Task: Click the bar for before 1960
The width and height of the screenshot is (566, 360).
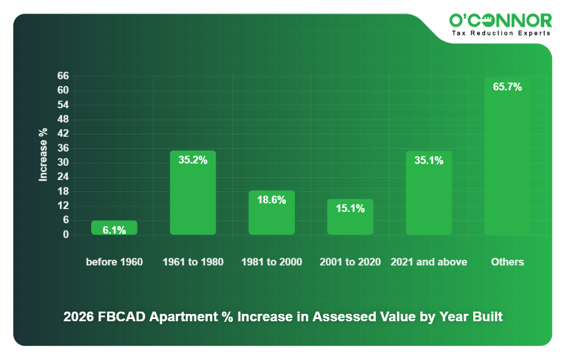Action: (x=114, y=227)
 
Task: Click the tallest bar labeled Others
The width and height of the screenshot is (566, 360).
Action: (x=507, y=156)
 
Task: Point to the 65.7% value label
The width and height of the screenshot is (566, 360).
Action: (x=507, y=87)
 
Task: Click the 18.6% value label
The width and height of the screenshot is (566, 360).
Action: (x=271, y=200)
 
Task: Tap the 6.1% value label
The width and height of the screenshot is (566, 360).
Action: (x=114, y=230)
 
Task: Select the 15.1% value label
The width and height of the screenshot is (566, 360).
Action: (x=350, y=208)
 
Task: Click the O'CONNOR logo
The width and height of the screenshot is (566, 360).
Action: (x=500, y=21)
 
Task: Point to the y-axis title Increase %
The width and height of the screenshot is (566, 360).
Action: (x=43, y=155)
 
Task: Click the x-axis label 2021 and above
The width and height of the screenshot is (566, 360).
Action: (x=428, y=262)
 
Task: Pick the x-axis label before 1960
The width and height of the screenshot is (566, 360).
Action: (x=114, y=262)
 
